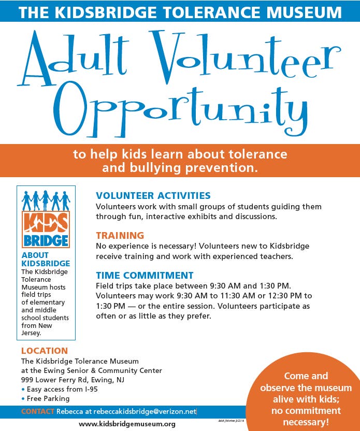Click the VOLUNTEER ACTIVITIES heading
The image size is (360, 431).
click(x=153, y=195)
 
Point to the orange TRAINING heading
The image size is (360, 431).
click(x=120, y=235)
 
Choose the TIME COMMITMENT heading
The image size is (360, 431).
click(x=145, y=275)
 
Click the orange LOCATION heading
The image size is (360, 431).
click(x=45, y=351)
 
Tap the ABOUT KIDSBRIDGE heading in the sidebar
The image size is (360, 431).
click(x=46, y=259)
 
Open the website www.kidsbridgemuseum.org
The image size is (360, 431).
click(x=127, y=424)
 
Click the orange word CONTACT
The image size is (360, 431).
click(x=37, y=411)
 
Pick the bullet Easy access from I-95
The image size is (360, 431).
click(x=62, y=389)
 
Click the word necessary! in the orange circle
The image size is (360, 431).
click(x=306, y=422)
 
